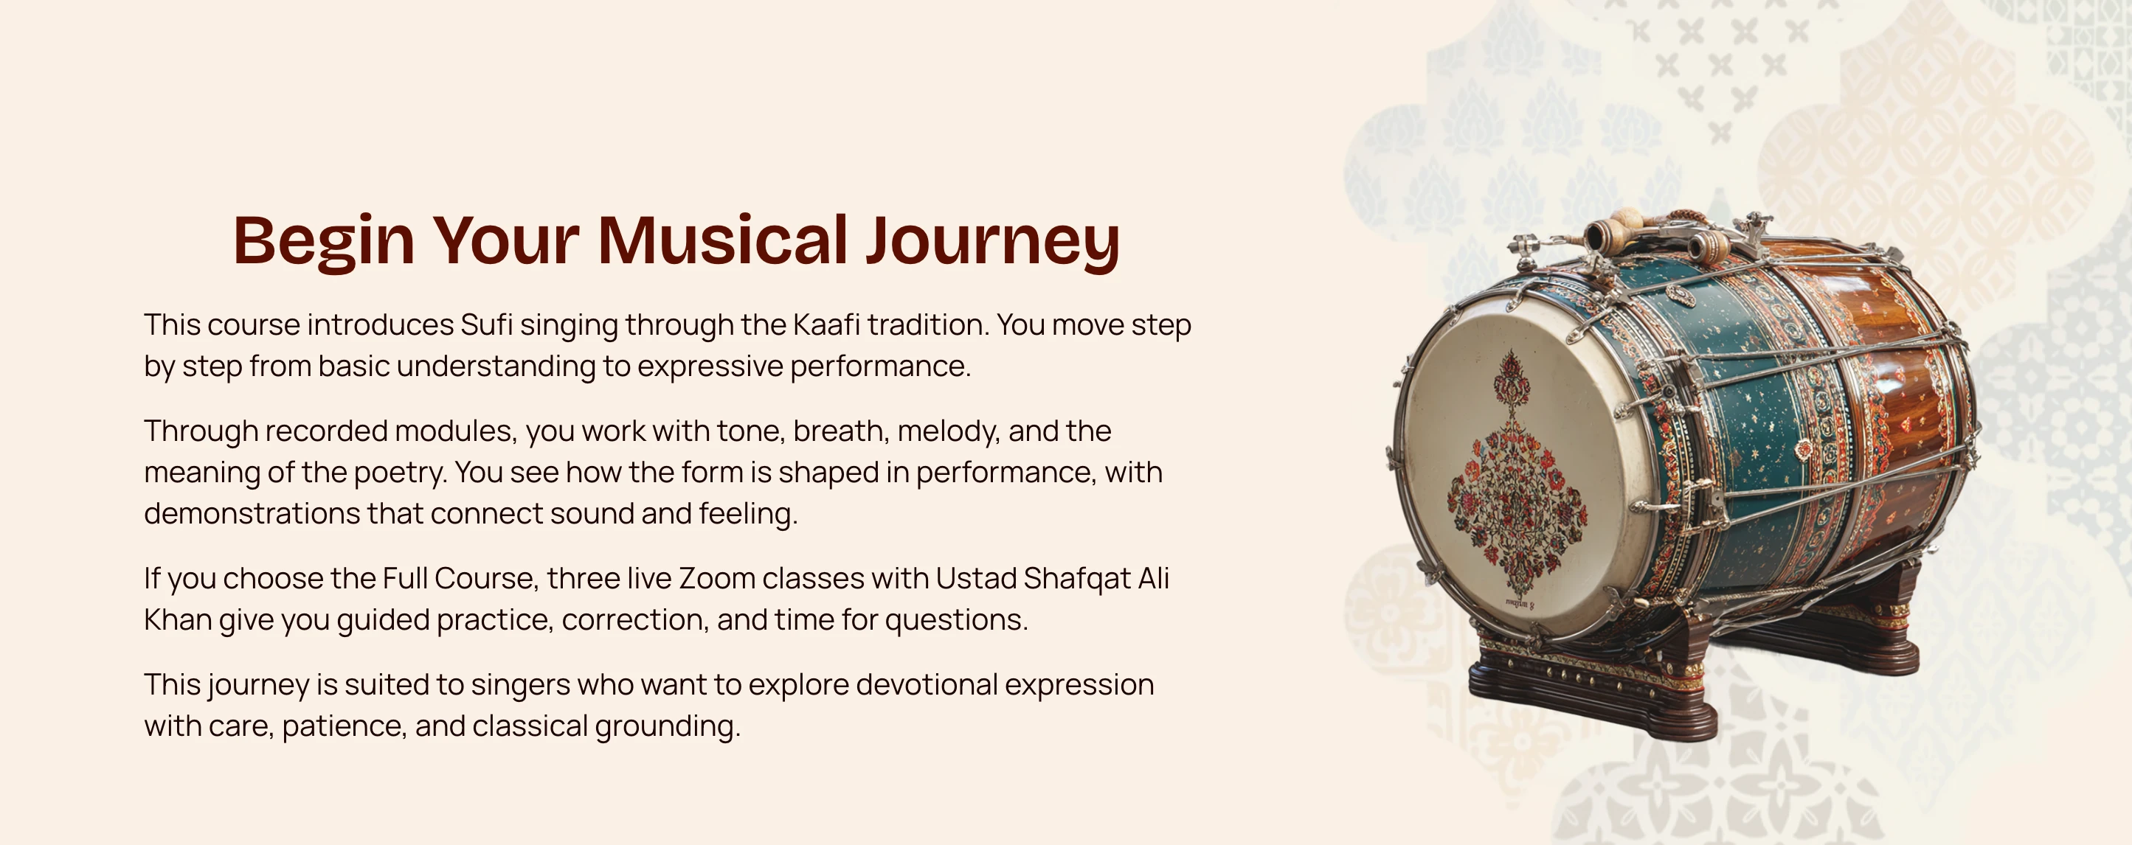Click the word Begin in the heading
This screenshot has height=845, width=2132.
coord(324,241)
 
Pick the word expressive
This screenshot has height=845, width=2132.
coord(710,366)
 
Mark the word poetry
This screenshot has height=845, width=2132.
coord(401,473)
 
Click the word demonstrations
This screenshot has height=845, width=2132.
coord(252,514)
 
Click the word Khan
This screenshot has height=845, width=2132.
coord(178,620)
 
